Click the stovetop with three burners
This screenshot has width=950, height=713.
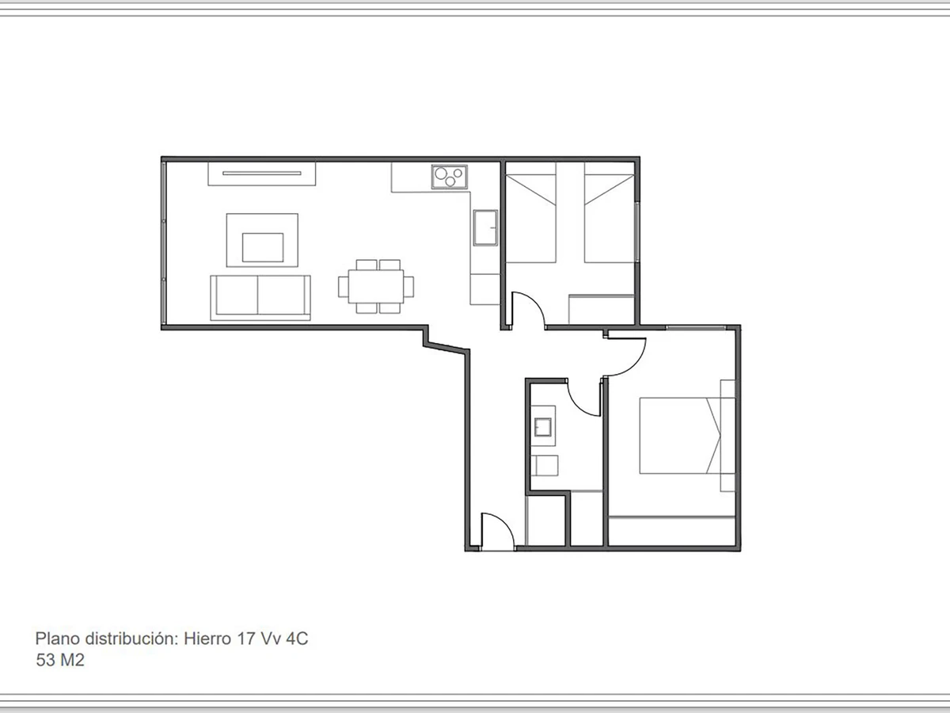449,177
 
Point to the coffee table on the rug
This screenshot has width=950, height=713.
263,247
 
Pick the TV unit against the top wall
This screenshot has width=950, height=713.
262,173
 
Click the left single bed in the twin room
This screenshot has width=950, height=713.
530,214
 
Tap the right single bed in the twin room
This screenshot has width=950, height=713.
610,214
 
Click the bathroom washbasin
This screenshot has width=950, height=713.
543,428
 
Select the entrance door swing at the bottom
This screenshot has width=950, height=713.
496,531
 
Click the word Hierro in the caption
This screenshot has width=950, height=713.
207,639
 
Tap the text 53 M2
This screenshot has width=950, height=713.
60,660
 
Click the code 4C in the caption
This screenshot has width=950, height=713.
296,639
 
